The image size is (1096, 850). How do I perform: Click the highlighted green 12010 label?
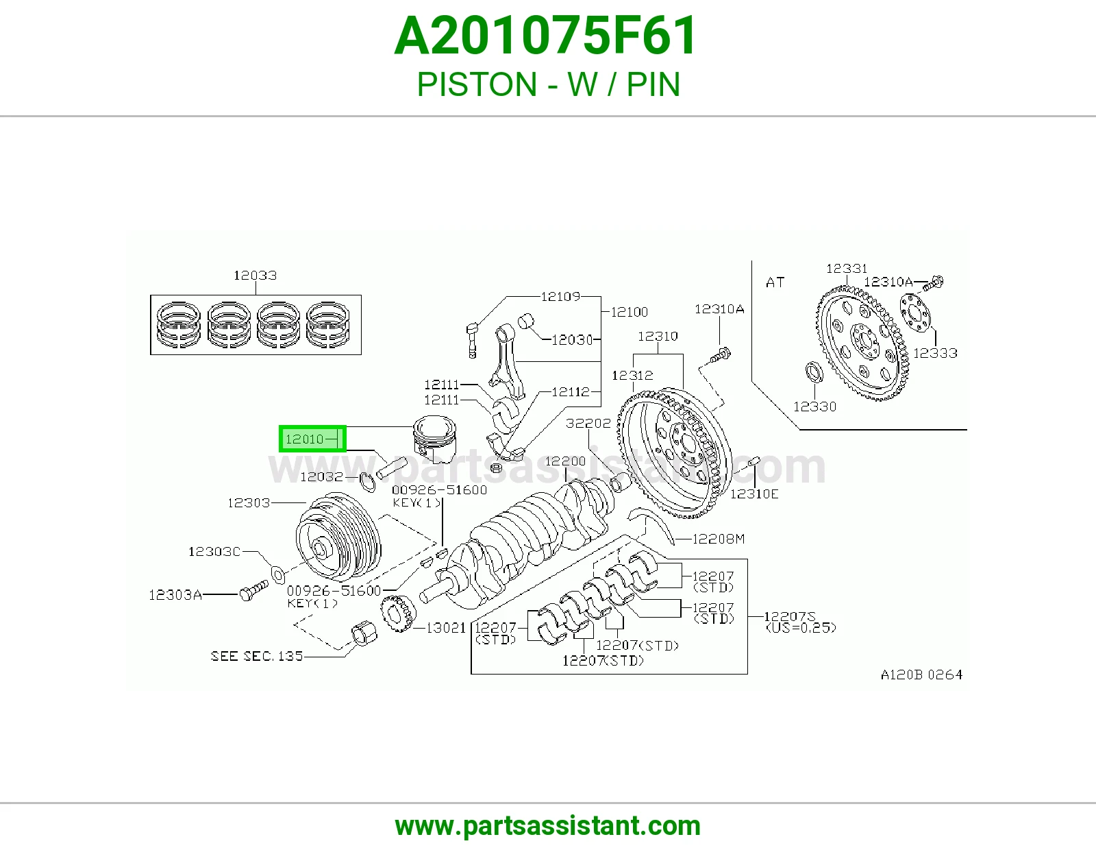pos(312,439)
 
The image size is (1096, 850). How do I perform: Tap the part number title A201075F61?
pos(545,36)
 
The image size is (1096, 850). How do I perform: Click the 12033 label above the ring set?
pos(256,276)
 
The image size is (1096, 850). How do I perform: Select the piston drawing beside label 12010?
pos(435,439)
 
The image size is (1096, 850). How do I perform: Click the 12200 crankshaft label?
pos(565,461)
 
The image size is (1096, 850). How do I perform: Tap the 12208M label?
pos(719,539)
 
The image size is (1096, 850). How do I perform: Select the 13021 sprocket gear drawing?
pos(399,614)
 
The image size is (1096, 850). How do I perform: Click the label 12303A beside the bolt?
pos(175,595)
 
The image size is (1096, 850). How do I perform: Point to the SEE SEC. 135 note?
pos(256,656)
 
